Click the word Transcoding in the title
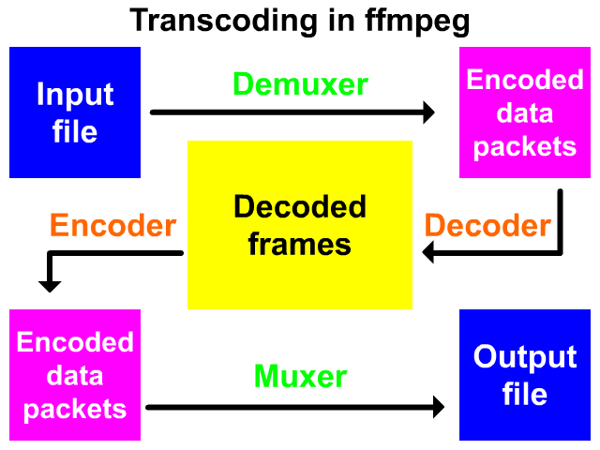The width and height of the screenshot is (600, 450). coord(214,20)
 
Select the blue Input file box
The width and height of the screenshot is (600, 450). coord(75,112)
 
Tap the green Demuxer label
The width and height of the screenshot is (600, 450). coord(301,84)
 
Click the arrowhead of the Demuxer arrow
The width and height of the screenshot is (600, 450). coord(428,112)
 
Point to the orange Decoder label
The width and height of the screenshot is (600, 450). coord(487,226)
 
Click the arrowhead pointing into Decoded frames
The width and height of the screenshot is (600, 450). coord(429,251)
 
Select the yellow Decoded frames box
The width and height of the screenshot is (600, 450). coord(300,225)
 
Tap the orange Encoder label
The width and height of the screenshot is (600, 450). coord(112,226)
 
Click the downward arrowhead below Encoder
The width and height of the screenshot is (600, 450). coord(48,284)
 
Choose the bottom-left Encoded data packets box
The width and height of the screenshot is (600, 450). coord(75,375)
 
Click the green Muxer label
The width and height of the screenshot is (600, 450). coord(301,378)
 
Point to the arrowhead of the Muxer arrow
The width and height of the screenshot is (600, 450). coord(437,407)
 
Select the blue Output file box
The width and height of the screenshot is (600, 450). coord(525,375)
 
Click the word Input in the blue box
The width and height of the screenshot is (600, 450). coord(75,95)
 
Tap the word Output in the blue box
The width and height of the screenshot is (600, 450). coord(525,357)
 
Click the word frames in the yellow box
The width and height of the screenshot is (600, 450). coord(300,245)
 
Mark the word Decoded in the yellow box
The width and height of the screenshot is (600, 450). coord(300,207)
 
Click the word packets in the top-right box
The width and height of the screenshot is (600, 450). coord(525,147)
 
